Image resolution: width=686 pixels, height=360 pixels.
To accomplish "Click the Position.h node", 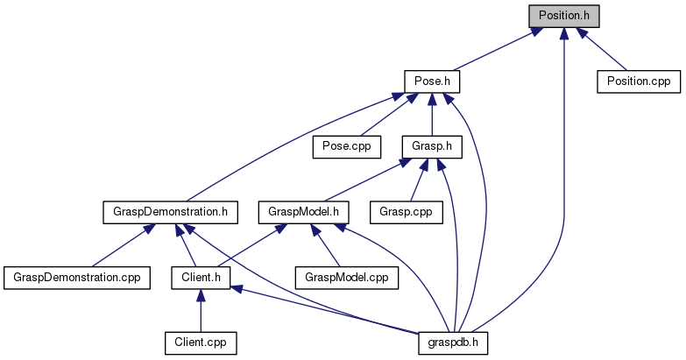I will pyautogui.click(x=564, y=15).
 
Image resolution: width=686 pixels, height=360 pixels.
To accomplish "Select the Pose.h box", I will pyautogui.click(x=432, y=81).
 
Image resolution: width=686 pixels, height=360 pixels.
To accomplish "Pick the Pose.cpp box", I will pyautogui.click(x=347, y=145).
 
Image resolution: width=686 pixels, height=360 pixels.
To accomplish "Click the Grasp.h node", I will pyautogui.click(x=431, y=145).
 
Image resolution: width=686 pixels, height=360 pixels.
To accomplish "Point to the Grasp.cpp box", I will pyautogui.click(x=407, y=211).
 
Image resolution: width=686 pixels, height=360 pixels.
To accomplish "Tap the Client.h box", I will pyautogui.click(x=201, y=277).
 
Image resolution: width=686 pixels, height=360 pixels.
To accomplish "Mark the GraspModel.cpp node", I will pyautogui.click(x=346, y=277).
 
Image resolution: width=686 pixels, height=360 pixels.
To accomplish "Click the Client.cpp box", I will pyautogui.click(x=201, y=341).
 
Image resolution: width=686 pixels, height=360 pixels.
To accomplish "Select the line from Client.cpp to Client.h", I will pyautogui.click(x=201, y=312).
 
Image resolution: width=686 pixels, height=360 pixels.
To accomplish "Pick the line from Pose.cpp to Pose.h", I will pyautogui.click(x=385, y=115).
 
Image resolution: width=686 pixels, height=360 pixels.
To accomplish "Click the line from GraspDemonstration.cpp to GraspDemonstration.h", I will pyautogui.click(x=118, y=245).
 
